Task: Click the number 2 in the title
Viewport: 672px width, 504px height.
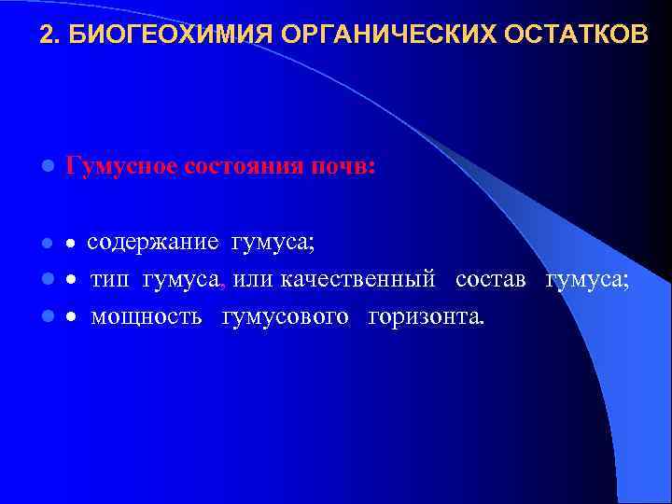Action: point(47,35)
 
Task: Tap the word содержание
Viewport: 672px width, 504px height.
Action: point(154,244)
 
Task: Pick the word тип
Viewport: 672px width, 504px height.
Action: point(112,279)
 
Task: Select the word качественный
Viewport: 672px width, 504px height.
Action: point(361,279)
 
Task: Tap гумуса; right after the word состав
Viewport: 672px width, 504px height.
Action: point(588,279)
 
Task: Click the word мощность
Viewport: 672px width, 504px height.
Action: point(146,316)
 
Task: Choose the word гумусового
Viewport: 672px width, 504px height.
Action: point(286,316)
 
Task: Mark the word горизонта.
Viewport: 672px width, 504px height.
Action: point(427,316)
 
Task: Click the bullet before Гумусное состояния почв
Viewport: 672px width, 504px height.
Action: point(46,168)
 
